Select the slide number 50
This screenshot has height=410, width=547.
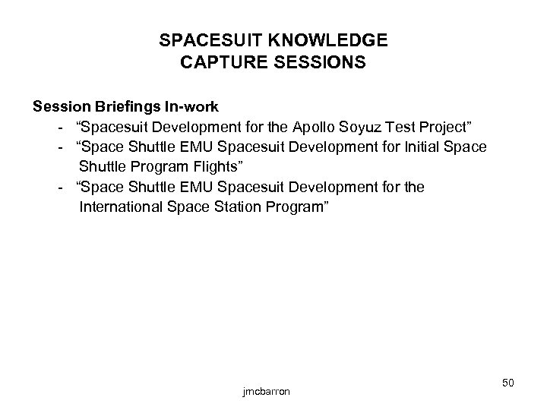pos(508,383)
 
